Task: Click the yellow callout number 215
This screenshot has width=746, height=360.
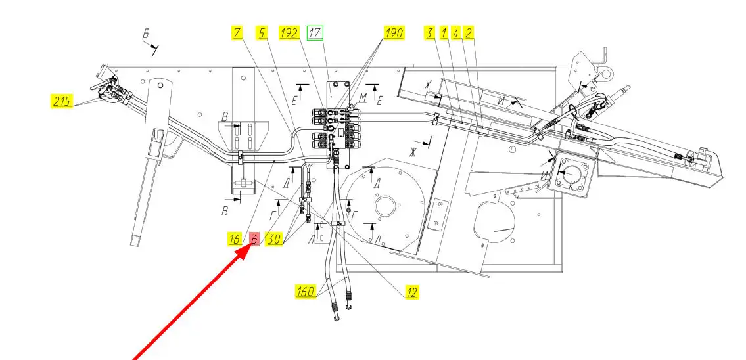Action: tap(62, 101)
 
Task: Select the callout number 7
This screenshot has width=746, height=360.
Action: tap(237, 33)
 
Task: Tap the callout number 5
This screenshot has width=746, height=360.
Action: tap(262, 33)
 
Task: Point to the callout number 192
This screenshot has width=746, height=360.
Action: tap(289, 33)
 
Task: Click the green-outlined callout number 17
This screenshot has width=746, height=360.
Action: tap(315, 33)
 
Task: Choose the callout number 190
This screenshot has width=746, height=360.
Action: tap(394, 33)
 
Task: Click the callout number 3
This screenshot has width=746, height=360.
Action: tap(430, 33)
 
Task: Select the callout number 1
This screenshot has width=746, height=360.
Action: tap(444, 33)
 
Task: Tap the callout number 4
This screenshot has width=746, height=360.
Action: tap(455, 33)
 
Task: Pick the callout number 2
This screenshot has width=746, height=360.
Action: tap(468, 33)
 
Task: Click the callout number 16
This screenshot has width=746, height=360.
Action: tap(234, 238)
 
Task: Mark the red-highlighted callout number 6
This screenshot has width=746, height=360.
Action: tap(254, 238)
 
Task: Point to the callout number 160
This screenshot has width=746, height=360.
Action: tap(306, 291)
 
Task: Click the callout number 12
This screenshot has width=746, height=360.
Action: tap(412, 292)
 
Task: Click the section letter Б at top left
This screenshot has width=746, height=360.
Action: tap(147, 34)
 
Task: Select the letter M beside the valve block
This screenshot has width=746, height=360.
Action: tap(363, 98)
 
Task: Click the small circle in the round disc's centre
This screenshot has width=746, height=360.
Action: tap(385, 206)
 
